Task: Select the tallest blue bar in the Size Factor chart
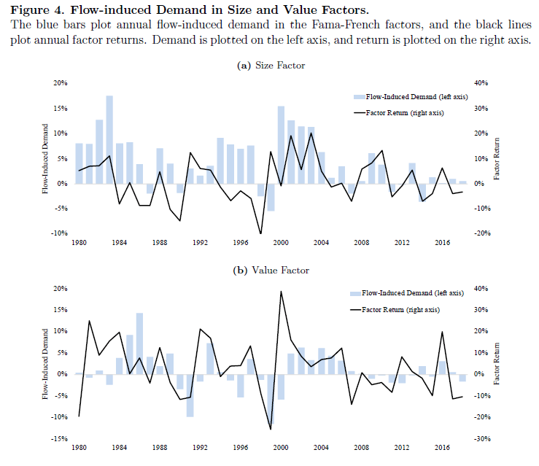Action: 109,139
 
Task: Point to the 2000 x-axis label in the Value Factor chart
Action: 282,448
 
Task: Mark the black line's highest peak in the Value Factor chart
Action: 282,291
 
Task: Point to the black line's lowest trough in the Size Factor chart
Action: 260,233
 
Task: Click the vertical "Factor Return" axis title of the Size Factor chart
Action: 498,159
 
